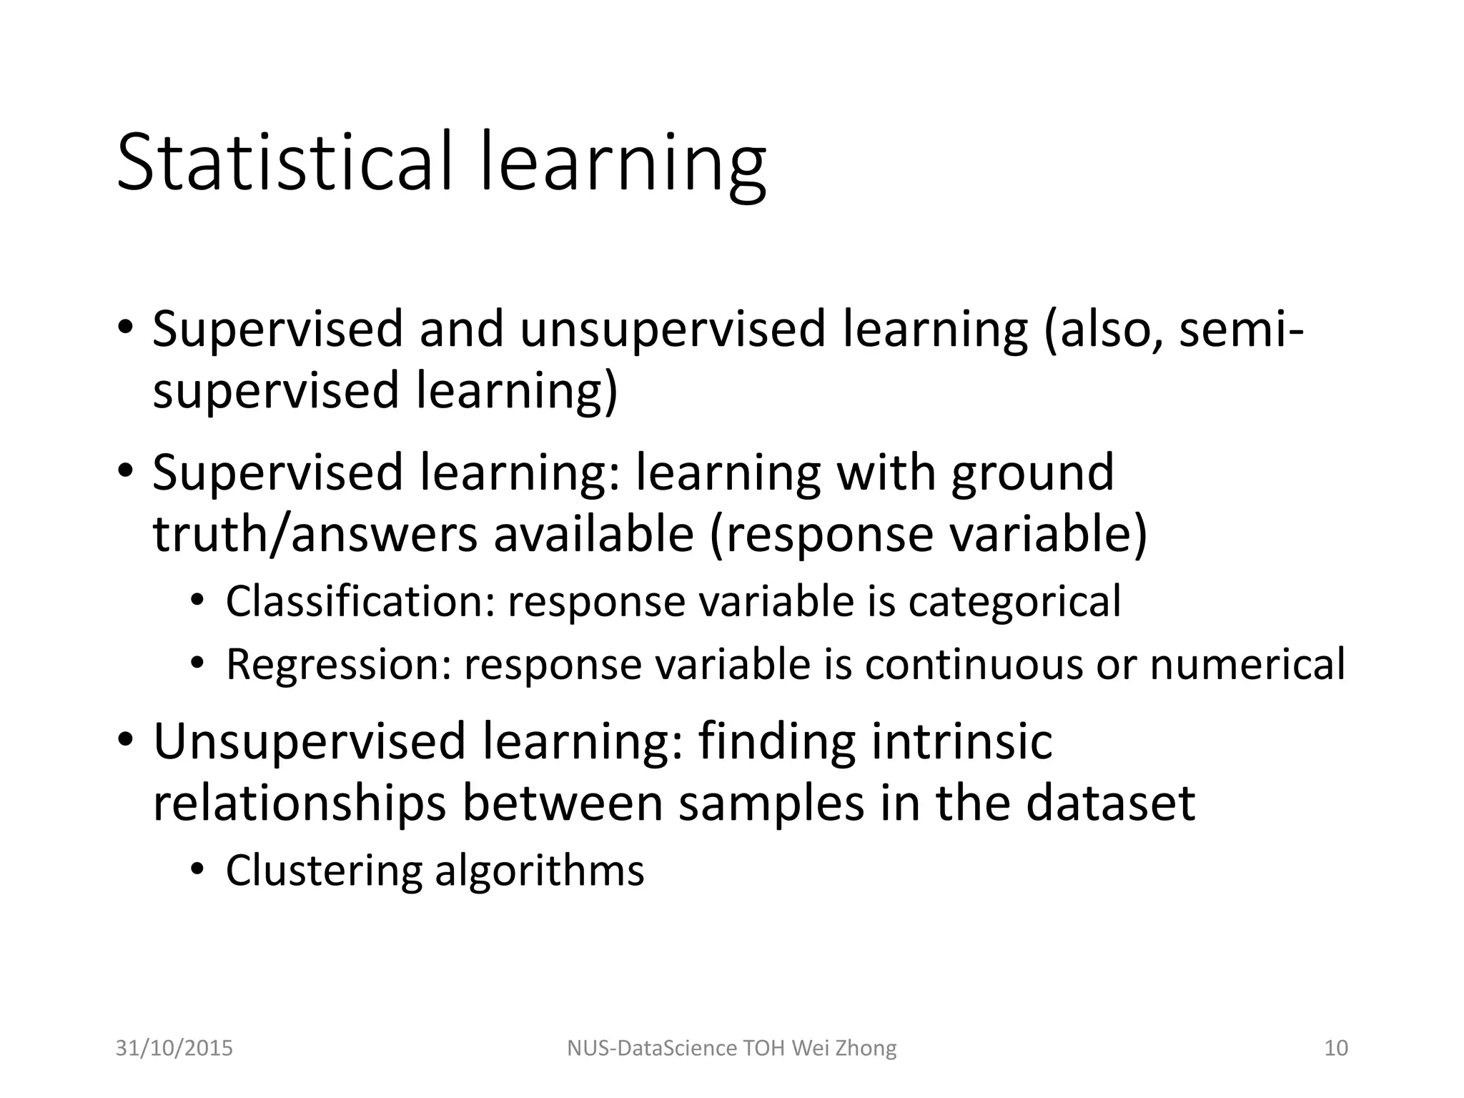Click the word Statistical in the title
285,163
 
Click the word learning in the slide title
623,166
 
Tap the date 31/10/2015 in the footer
174,1048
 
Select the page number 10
1336,1048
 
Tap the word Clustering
324,871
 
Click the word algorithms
540,871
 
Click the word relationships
300,804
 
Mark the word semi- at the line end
1241,330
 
